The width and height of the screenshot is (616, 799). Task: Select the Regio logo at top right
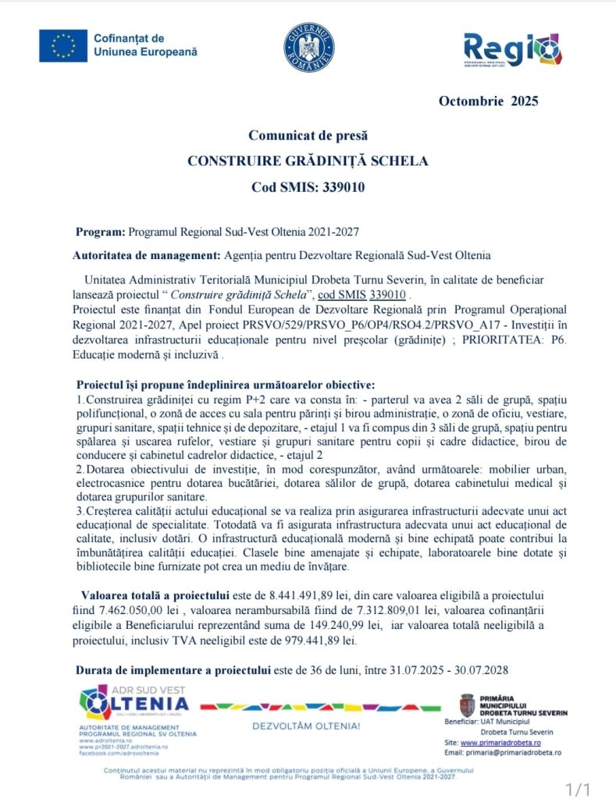point(512,48)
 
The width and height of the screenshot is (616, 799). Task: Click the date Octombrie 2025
point(488,101)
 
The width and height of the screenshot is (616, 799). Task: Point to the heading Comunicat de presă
point(308,136)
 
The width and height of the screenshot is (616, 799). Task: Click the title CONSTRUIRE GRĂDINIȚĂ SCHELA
point(308,162)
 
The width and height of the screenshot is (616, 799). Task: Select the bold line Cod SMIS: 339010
point(308,187)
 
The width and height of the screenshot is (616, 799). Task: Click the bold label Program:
point(100,233)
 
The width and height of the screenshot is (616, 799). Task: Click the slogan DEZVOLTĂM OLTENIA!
point(305,726)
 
